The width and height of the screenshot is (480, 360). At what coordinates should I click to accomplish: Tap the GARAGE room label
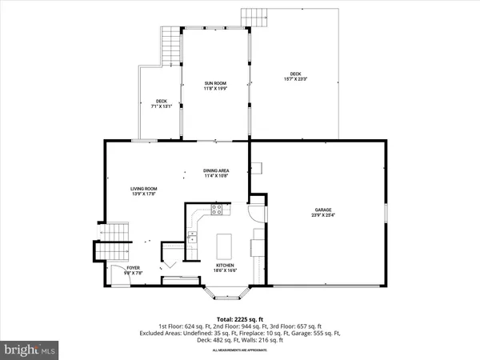click(323, 210)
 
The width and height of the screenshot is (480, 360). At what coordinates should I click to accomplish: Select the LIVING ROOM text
click(142, 189)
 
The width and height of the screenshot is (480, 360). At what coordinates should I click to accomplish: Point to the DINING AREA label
click(216, 170)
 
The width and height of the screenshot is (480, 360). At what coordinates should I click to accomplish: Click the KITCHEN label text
click(224, 266)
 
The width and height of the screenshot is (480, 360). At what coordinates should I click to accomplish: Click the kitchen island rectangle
click(225, 242)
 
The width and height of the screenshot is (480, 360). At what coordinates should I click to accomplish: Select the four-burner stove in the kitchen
click(215, 210)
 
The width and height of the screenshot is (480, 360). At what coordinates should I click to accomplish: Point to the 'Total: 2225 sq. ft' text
click(239, 318)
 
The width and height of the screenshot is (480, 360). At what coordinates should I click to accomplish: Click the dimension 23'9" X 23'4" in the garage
click(323, 215)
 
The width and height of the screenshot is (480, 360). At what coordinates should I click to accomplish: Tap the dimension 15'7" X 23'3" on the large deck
click(295, 78)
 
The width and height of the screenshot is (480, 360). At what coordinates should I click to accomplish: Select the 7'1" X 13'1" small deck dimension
click(160, 104)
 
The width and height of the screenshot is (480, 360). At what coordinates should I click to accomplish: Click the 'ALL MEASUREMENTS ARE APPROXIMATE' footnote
click(239, 350)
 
